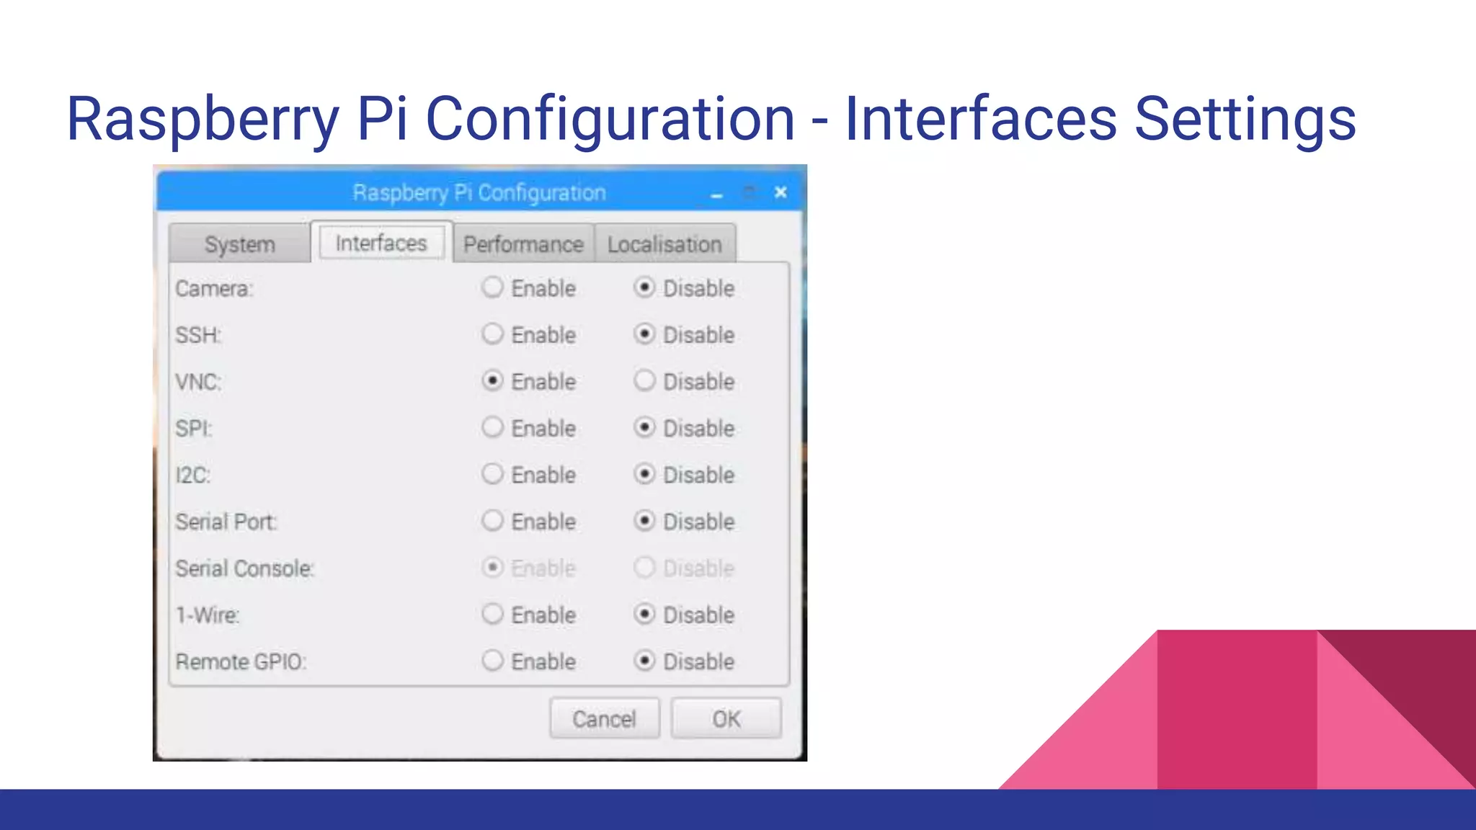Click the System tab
click(239, 244)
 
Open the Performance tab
click(523, 244)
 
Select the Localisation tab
click(664, 244)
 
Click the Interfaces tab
click(381, 243)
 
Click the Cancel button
click(604, 718)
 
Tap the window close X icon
click(781, 192)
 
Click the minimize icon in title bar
click(716, 195)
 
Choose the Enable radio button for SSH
click(492, 334)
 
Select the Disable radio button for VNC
click(644, 380)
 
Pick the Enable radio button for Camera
click(492, 287)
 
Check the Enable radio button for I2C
click(492, 474)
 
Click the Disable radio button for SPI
click(644, 427)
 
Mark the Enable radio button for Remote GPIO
click(492, 661)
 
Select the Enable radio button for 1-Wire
click(492, 614)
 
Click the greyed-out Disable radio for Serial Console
click(644, 568)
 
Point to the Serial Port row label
click(226, 522)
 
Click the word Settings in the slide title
click(1245, 119)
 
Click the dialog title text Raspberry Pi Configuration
click(479, 193)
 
